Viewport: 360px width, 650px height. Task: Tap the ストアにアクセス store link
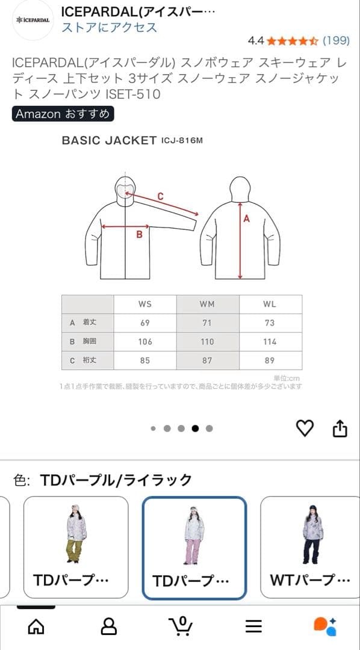pyautogui.click(x=109, y=27)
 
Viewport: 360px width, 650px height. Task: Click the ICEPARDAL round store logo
pyautogui.click(x=33, y=20)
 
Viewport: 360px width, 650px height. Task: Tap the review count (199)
pyautogui.click(x=336, y=40)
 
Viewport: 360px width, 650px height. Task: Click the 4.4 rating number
pyautogui.click(x=256, y=40)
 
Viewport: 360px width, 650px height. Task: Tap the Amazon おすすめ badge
pyautogui.click(x=63, y=114)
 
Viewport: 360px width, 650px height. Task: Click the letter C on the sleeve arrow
pyautogui.click(x=160, y=196)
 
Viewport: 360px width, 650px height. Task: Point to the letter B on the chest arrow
pyautogui.click(x=139, y=234)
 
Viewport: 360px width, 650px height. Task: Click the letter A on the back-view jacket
pyautogui.click(x=246, y=219)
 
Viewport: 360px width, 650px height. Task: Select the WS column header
pyautogui.click(x=145, y=304)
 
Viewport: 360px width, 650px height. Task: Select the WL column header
pyautogui.click(x=270, y=304)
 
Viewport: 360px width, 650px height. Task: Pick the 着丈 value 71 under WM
pyautogui.click(x=207, y=323)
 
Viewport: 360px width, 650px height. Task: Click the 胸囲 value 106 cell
pyautogui.click(x=145, y=341)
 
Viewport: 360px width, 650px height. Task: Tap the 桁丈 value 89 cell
pyautogui.click(x=270, y=360)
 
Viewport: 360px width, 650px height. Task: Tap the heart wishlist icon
pyautogui.click(x=305, y=428)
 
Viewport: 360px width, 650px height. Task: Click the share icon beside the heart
pyautogui.click(x=340, y=428)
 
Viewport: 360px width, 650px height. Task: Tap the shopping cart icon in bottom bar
pyautogui.click(x=181, y=626)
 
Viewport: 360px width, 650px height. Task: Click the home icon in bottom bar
pyautogui.click(x=36, y=626)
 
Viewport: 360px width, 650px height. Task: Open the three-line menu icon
pyautogui.click(x=253, y=626)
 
